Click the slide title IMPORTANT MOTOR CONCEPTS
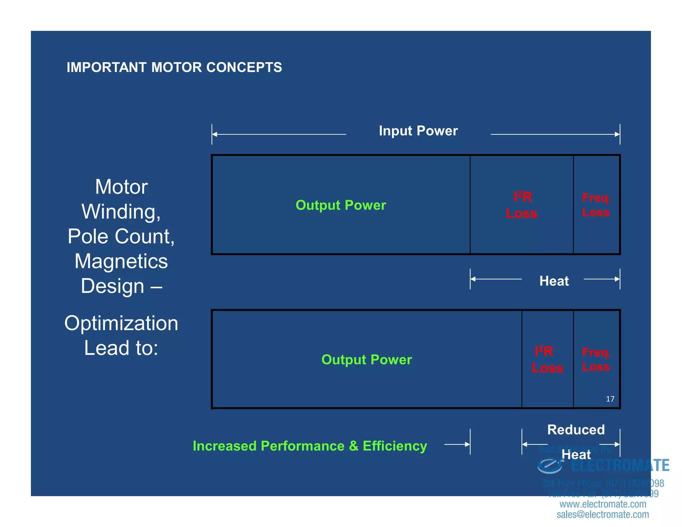(x=174, y=67)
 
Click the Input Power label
(x=418, y=131)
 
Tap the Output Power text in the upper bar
(x=341, y=205)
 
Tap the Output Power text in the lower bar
(x=367, y=360)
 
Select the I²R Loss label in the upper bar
(x=522, y=205)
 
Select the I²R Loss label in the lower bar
(x=547, y=360)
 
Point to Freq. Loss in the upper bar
(x=596, y=205)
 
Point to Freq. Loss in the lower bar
(x=596, y=360)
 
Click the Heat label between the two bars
(x=554, y=281)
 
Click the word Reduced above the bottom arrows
(x=576, y=430)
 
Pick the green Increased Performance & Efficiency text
(x=310, y=446)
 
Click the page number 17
(x=610, y=399)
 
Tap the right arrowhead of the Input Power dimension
(x=617, y=134)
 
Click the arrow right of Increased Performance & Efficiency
(x=457, y=444)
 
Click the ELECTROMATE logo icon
(x=550, y=465)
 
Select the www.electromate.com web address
(x=603, y=504)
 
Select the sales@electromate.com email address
(x=603, y=515)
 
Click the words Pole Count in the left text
(x=121, y=237)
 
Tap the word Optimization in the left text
(x=121, y=323)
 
